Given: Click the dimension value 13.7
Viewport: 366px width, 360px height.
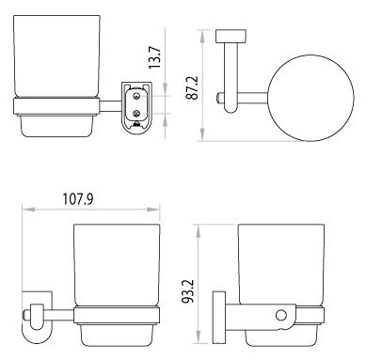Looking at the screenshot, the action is (x=154, y=57).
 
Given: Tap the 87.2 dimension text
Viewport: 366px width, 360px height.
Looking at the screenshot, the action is (x=192, y=87).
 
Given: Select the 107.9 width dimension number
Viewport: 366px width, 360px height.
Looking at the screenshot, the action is (x=78, y=199).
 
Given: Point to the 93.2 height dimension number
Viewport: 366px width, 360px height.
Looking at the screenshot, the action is (x=189, y=291).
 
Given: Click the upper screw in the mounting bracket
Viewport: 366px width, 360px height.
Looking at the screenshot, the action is (x=136, y=96).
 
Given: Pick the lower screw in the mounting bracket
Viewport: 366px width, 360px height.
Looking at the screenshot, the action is (x=136, y=112).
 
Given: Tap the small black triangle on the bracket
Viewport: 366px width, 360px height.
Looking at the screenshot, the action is (x=136, y=124).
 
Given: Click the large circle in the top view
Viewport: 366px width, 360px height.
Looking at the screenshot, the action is (x=310, y=98).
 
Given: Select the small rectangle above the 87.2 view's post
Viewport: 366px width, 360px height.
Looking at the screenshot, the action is (x=231, y=36).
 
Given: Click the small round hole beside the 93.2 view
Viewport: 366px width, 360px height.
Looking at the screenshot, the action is (x=281, y=315).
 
